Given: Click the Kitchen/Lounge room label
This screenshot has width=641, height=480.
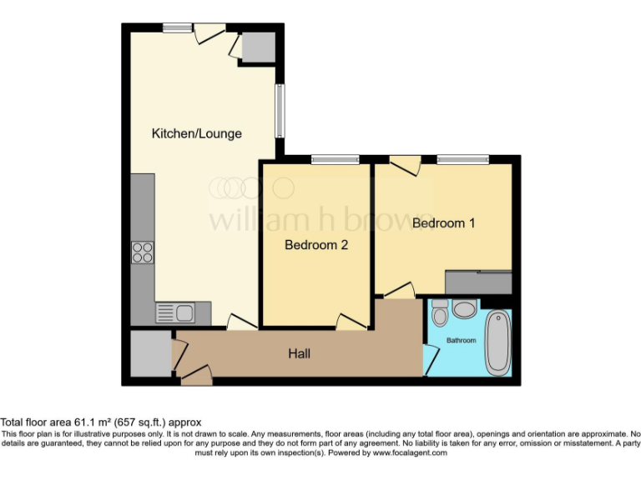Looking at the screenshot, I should pos(196,133).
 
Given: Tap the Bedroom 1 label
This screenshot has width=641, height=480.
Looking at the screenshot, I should pos(444,223).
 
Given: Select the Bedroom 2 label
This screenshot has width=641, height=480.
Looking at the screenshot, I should pos(315,245).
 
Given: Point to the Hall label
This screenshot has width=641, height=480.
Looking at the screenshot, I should pos(299,354).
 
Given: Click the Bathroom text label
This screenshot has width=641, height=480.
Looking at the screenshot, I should pos(461,341).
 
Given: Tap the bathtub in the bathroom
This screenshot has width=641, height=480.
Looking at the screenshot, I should pos(497,342).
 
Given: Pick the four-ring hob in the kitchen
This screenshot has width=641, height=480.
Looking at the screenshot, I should pos(143,252).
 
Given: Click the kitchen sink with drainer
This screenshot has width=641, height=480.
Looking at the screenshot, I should pos(174,313).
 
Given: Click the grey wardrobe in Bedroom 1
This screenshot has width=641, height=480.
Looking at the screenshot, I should pos(477,282).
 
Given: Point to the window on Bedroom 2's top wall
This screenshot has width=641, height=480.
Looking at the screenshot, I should pos(335,159).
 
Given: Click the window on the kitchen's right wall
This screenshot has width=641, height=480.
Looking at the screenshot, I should pos(281,110).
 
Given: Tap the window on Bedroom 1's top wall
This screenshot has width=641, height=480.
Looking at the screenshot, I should pos(462,159).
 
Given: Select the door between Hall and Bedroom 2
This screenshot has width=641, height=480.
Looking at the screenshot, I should pos(351,321).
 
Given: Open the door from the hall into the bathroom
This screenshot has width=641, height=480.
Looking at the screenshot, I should pos(432,358).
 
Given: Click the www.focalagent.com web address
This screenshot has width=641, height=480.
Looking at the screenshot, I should pos(409,453).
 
